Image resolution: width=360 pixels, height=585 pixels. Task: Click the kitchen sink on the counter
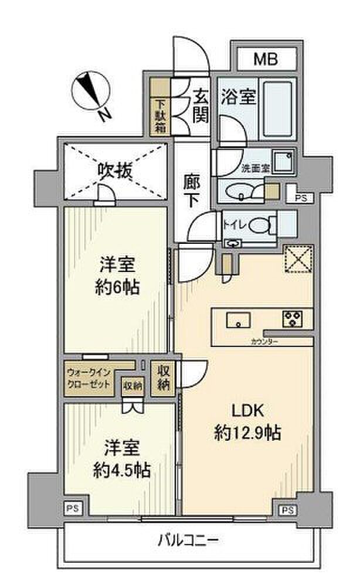pyautogui.click(x=238, y=319)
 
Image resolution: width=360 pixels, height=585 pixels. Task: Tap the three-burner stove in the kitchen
pyautogui.click(x=291, y=319)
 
